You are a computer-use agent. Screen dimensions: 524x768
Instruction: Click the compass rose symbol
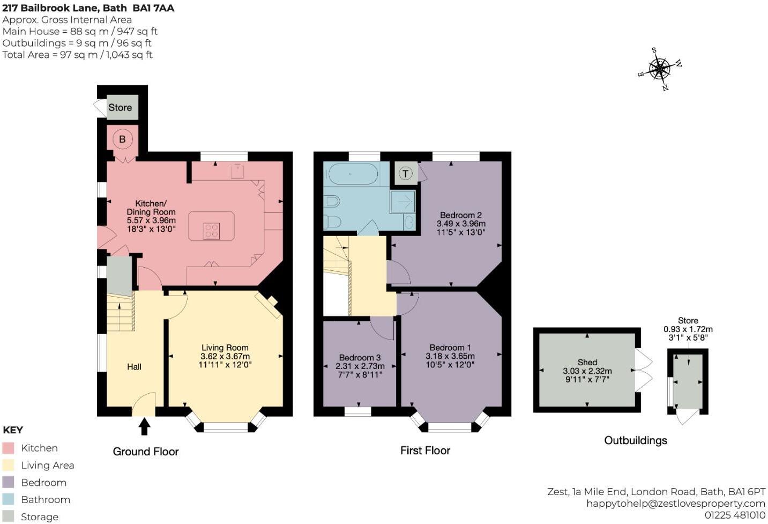coord(660,69)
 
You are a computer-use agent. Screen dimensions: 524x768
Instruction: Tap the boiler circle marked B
coord(122,139)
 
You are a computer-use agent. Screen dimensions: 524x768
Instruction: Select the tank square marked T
coord(406,173)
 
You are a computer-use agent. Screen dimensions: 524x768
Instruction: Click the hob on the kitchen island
coord(211,231)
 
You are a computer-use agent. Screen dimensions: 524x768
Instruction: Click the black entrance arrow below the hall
coord(144,427)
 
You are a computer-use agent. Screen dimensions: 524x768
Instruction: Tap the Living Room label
coord(225,348)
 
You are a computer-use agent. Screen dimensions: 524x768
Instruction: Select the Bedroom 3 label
coord(360,358)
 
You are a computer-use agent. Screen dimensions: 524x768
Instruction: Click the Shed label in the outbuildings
coord(587,363)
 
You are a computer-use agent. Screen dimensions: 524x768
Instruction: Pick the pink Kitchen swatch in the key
coord(8,448)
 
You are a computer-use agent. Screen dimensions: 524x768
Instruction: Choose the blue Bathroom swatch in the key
coord(8,500)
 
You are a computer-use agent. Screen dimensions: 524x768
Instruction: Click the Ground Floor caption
coord(146,452)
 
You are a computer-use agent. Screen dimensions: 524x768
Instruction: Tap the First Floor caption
coord(425,451)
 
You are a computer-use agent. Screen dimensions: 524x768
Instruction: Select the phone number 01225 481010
coord(735,515)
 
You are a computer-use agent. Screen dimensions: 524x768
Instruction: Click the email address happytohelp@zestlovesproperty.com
coord(675,504)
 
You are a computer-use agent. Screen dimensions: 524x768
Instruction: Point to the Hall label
coord(134,367)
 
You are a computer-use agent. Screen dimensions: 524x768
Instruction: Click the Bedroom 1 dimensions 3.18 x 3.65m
coord(450,356)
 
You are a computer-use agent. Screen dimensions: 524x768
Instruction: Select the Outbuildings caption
coord(635,440)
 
